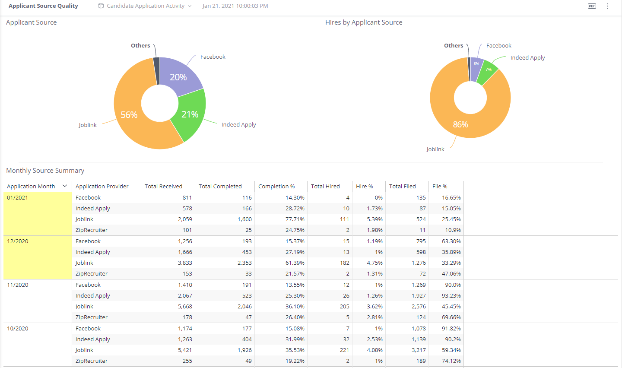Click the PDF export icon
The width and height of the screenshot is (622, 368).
(x=592, y=6)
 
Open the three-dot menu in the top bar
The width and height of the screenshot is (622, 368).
(x=608, y=6)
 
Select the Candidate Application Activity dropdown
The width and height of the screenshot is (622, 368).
(x=145, y=6)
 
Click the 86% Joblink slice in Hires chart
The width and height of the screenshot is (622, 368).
(x=460, y=124)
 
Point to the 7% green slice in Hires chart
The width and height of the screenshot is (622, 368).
(x=489, y=71)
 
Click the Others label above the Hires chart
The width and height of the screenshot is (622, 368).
(x=454, y=45)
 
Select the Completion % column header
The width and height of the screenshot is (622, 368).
(x=276, y=187)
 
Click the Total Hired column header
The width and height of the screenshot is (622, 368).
(x=325, y=187)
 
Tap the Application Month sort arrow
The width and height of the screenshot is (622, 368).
(x=65, y=186)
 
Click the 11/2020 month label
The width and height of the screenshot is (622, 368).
(x=18, y=285)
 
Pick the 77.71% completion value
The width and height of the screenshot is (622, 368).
(x=295, y=219)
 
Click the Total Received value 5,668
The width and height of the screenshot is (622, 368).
(x=185, y=307)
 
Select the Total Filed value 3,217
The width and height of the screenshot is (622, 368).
(x=418, y=350)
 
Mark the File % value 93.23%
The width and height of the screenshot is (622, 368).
(x=451, y=296)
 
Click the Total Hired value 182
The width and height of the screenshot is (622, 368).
(x=344, y=263)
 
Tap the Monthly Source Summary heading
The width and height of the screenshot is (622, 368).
(x=45, y=171)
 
